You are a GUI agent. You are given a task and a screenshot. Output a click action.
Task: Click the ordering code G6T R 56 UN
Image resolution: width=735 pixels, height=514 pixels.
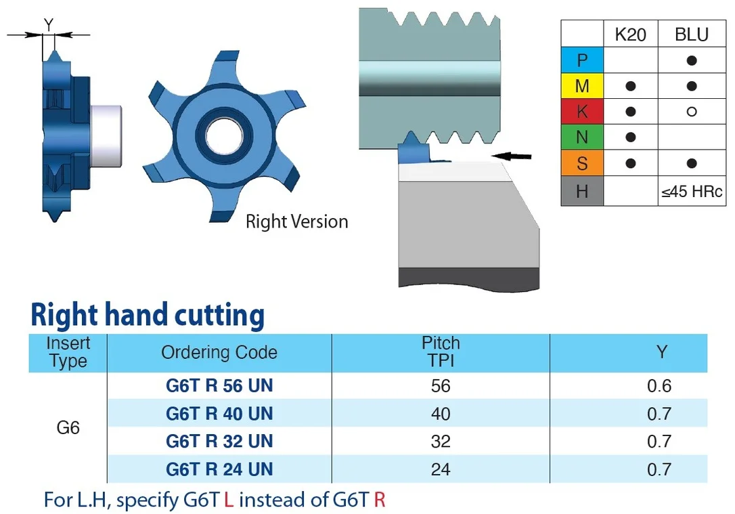(x=219, y=385)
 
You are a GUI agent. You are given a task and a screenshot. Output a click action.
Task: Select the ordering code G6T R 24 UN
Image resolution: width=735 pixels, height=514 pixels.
(x=219, y=469)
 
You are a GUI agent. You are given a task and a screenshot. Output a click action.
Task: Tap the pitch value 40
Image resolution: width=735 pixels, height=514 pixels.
(x=441, y=414)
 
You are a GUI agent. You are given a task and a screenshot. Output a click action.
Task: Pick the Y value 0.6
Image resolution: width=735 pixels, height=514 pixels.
(x=659, y=385)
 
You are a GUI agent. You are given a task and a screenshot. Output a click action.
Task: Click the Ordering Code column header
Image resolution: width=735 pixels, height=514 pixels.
(x=219, y=352)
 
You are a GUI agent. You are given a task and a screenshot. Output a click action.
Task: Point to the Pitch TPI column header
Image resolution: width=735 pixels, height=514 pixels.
(x=441, y=351)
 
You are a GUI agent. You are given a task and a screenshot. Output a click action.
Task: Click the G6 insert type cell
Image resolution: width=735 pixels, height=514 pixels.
(x=68, y=427)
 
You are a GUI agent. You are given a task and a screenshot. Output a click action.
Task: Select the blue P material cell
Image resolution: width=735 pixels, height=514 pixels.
(x=582, y=60)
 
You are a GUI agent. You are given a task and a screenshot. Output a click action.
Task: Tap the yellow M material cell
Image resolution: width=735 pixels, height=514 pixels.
(x=582, y=86)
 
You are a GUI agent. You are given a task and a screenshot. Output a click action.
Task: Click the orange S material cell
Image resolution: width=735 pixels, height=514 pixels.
(x=582, y=163)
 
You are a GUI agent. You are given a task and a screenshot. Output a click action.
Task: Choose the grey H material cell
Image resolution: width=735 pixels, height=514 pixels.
(x=582, y=191)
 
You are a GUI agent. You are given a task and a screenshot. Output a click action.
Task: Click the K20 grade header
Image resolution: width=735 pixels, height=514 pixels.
(x=631, y=35)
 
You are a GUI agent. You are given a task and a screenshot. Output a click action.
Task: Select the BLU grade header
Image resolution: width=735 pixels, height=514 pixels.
(x=692, y=35)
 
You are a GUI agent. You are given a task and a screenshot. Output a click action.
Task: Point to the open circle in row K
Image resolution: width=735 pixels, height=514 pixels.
(x=692, y=112)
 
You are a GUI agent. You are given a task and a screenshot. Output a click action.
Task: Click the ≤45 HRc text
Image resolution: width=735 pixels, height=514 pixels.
(x=692, y=192)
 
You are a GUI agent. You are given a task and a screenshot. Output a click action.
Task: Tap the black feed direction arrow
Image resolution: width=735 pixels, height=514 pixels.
(x=512, y=156)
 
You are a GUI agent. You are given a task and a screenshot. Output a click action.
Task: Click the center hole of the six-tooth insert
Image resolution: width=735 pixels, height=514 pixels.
(x=224, y=137)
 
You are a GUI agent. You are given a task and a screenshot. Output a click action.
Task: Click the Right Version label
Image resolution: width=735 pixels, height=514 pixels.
(x=296, y=222)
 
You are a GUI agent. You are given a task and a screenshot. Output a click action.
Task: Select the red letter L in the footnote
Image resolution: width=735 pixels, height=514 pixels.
(x=229, y=500)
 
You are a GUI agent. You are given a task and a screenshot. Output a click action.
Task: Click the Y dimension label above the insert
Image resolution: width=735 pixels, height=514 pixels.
(x=49, y=24)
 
